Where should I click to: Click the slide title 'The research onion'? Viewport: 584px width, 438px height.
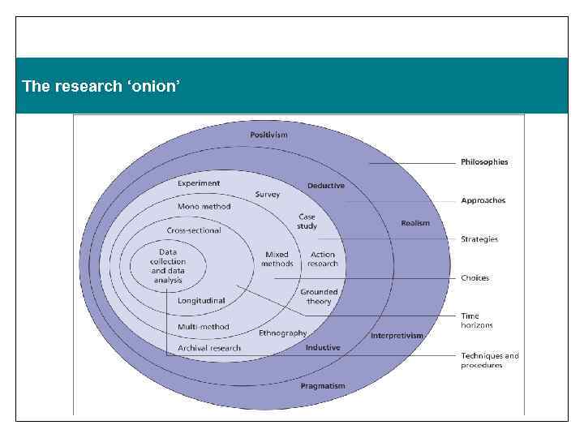pyautogui.click(x=100, y=86)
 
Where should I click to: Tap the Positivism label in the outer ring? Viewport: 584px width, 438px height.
pyautogui.click(x=268, y=135)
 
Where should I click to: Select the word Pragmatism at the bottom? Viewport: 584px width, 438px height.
pyautogui.click(x=323, y=386)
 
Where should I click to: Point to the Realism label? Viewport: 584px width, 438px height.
pyautogui.click(x=415, y=223)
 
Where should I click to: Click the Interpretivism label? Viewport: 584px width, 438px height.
pyautogui.click(x=397, y=335)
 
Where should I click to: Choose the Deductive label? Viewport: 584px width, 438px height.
pyautogui.click(x=326, y=186)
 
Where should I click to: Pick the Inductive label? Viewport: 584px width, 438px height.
pyautogui.click(x=323, y=347)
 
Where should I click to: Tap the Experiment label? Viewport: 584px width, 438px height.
pyautogui.click(x=199, y=183)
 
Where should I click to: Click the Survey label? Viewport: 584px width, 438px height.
pyautogui.click(x=268, y=195)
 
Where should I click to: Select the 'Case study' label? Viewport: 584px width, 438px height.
pyautogui.click(x=307, y=221)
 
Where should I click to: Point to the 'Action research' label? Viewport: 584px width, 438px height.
pyautogui.click(x=323, y=259)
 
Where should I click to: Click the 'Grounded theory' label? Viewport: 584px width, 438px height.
pyautogui.click(x=319, y=296)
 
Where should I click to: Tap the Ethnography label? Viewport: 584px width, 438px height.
pyautogui.click(x=283, y=333)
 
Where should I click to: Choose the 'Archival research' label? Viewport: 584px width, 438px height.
pyautogui.click(x=209, y=348)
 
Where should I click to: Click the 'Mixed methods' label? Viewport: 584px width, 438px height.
pyautogui.click(x=277, y=259)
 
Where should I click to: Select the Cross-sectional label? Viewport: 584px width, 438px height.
pyautogui.click(x=194, y=230)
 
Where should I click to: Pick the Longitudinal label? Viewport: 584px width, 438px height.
pyautogui.click(x=202, y=300)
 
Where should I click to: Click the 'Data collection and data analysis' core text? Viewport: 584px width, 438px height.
pyautogui.click(x=169, y=266)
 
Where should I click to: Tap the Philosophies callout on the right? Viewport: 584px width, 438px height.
pyautogui.click(x=484, y=162)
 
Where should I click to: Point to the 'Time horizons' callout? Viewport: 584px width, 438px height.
pyautogui.click(x=476, y=320)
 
